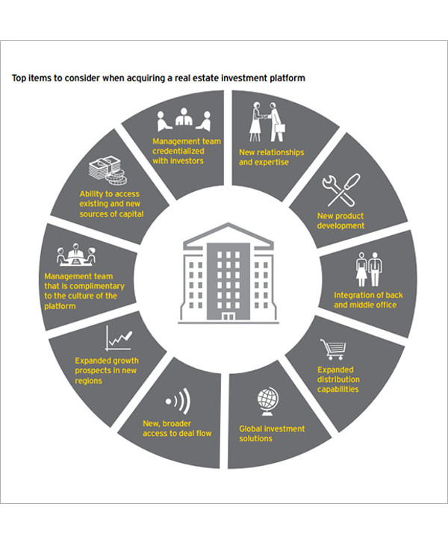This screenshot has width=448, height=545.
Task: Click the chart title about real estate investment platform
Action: [x=158, y=78]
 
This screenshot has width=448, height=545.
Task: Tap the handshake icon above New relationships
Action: [x=267, y=122]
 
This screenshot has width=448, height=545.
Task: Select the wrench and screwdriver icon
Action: [x=341, y=190]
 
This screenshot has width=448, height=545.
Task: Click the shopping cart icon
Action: [x=333, y=349]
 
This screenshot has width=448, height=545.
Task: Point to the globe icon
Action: [x=267, y=402]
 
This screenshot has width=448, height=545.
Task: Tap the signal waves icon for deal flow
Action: [x=178, y=401]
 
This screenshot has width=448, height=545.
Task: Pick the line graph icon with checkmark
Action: [x=119, y=338]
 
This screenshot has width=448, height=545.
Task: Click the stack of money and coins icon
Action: [x=108, y=170]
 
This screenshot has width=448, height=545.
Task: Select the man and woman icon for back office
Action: [x=369, y=269]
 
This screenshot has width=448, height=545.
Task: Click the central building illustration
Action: [x=228, y=273]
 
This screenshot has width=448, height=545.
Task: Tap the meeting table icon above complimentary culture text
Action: [x=76, y=255]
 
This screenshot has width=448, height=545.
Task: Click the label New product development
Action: [x=340, y=221]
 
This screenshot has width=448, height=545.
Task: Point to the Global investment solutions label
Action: [x=272, y=434]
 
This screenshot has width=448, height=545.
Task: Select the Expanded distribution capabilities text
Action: [x=338, y=379]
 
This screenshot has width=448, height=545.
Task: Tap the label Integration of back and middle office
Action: [x=368, y=300]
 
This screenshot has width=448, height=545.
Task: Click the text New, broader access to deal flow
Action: [x=177, y=429]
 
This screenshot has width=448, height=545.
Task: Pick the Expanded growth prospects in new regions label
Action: [x=107, y=370]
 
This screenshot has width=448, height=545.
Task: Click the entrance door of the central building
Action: [x=228, y=317]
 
